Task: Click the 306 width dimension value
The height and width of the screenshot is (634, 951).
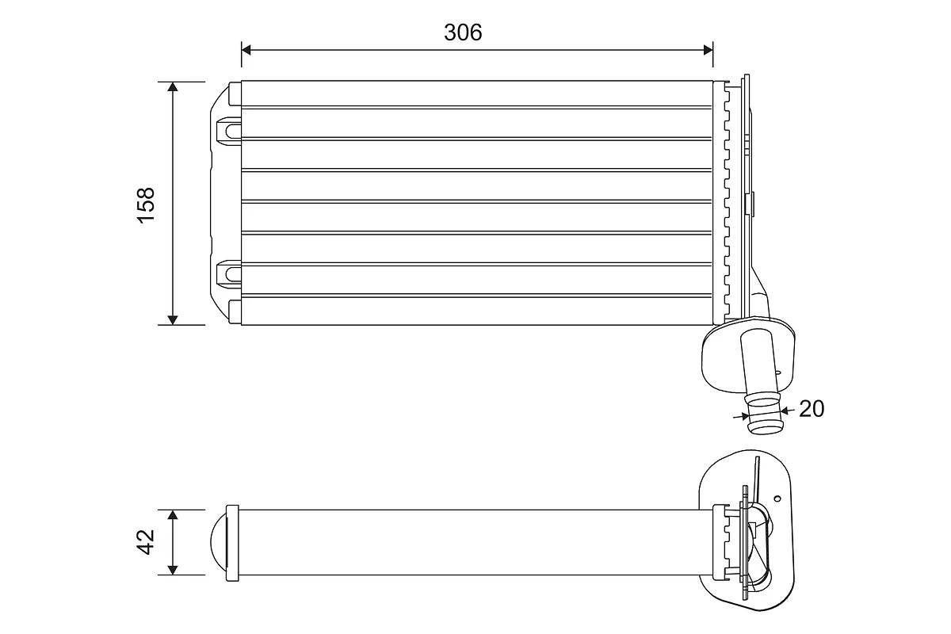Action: (x=463, y=32)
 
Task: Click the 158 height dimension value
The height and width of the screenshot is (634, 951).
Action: (x=146, y=204)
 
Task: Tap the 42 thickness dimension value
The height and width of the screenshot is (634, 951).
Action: (x=146, y=543)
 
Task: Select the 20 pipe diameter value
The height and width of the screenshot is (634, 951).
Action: (x=812, y=408)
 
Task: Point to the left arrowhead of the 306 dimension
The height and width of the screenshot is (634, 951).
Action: (x=246, y=50)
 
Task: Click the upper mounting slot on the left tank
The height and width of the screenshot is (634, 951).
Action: (x=228, y=128)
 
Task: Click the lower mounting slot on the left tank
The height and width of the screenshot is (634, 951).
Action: (x=228, y=273)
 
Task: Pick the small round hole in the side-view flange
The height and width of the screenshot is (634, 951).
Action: (x=777, y=499)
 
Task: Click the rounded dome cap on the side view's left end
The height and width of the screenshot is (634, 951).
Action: (x=217, y=543)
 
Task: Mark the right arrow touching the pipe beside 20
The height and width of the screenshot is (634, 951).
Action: (x=785, y=411)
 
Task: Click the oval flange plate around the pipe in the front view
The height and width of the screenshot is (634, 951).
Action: (x=717, y=361)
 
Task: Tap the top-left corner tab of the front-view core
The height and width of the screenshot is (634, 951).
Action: (x=234, y=94)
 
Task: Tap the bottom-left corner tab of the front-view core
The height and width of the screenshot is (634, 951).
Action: (x=234, y=311)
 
